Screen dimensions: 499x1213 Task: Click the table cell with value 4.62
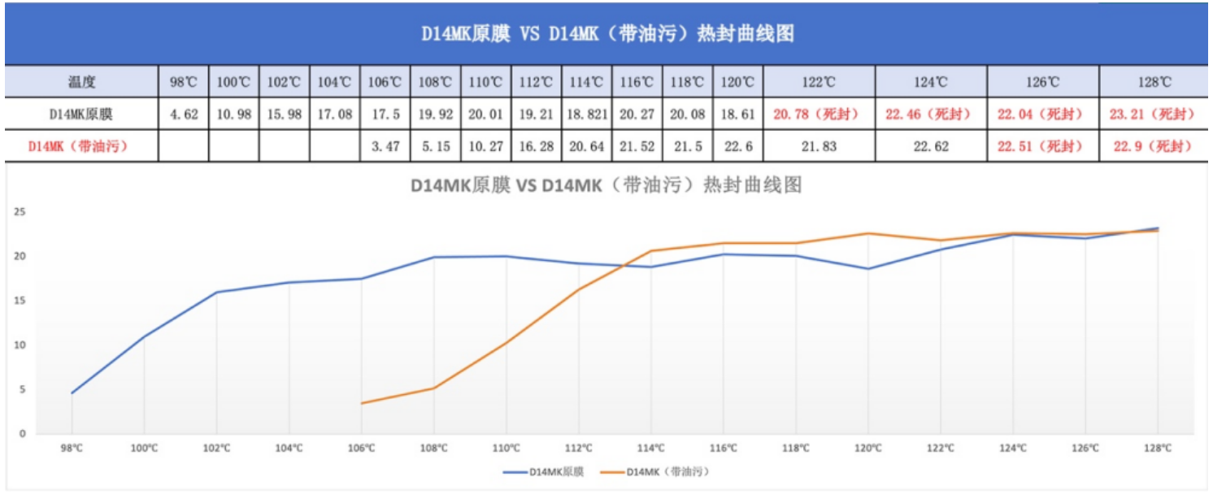[x=184, y=115]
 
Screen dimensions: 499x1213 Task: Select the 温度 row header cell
[x=82, y=82]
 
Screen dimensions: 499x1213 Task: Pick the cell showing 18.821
[x=586, y=115]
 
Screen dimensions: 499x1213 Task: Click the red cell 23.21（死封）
[x=1154, y=115]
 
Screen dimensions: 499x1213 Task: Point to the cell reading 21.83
[x=820, y=146]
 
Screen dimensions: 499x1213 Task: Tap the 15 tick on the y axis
[x=21, y=301]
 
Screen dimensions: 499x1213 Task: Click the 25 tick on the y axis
[x=21, y=212]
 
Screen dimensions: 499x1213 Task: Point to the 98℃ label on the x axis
[x=72, y=448]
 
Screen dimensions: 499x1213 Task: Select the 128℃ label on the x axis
[x=1158, y=448]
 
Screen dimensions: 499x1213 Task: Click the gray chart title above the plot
[x=606, y=185]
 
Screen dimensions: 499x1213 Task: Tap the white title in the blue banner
[x=606, y=34]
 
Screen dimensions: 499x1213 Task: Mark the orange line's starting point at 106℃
[x=361, y=403]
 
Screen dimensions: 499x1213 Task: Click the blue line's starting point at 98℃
[x=72, y=393]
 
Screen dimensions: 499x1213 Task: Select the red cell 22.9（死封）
[x=1154, y=146]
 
